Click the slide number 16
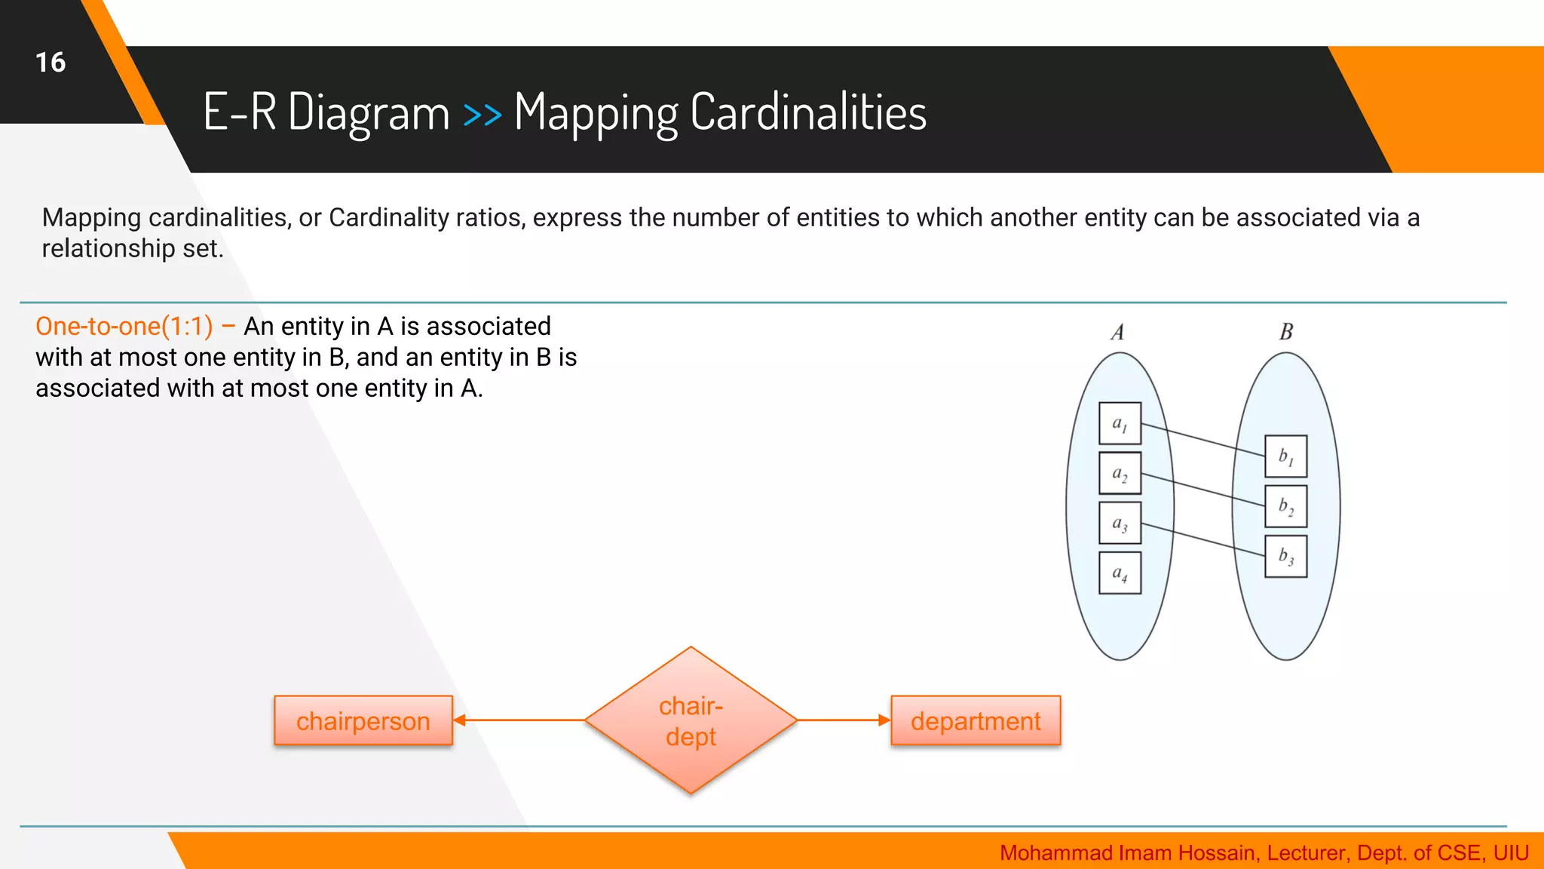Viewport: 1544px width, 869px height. point(51,62)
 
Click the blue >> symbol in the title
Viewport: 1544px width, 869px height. point(482,115)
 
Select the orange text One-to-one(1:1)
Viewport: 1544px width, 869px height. point(124,327)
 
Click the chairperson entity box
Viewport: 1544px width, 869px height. point(363,721)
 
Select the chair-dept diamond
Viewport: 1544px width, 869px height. point(691,720)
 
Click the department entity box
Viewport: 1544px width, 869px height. point(976,721)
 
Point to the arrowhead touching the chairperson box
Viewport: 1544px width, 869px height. point(459,720)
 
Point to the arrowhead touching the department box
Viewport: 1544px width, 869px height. point(885,720)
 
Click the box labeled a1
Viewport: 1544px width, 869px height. point(1120,424)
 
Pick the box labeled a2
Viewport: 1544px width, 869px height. point(1120,474)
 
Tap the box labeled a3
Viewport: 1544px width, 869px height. point(1120,524)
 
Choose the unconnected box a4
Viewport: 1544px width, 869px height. point(1120,573)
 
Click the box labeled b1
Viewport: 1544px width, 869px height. point(1285,456)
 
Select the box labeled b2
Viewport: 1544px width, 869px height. point(1285,506)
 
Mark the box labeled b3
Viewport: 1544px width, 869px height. point(1285,557)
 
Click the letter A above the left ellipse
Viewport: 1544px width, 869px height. point(1117,333)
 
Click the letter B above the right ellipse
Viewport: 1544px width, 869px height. point(1286,332)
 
